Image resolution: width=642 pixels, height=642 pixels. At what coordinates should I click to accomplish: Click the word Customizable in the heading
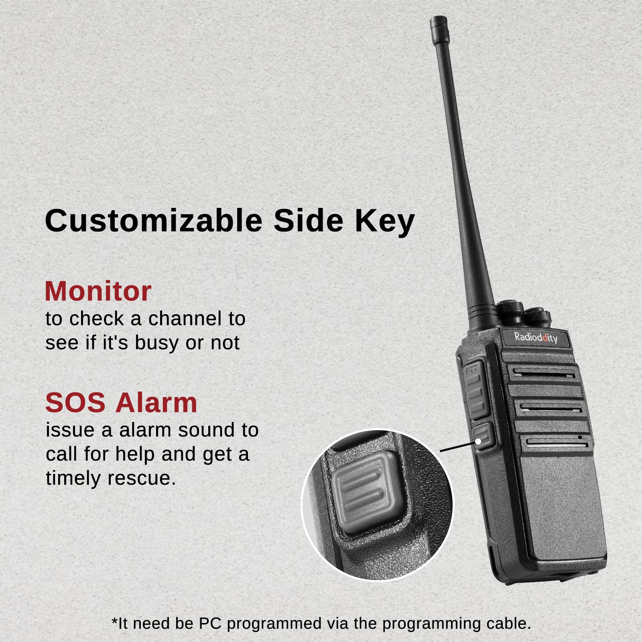tap(154, 221)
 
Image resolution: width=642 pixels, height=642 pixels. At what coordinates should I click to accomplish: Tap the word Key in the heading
tap(384, 221)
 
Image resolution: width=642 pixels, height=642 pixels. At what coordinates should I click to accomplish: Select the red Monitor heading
tap(98, 291)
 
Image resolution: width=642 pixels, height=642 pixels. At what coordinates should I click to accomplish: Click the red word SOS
tap(75, 402)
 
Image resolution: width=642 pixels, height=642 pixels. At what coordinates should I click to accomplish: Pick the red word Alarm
tap(156, 402)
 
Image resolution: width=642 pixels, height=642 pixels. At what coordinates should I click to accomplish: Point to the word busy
tap(156, 343)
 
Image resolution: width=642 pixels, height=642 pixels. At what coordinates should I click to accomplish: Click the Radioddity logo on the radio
tap(536, 337)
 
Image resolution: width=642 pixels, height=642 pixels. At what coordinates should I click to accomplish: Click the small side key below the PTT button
tap(483, 436)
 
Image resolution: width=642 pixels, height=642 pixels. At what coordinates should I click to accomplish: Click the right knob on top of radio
tap(538, 316)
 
